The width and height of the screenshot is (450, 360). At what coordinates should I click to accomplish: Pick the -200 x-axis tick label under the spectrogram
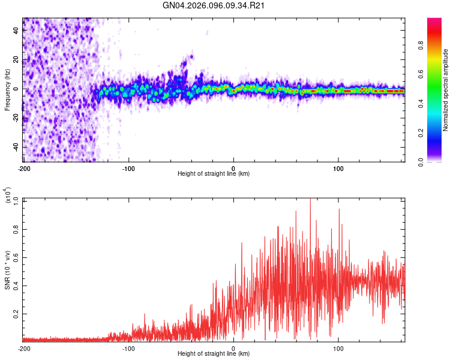(24, 167)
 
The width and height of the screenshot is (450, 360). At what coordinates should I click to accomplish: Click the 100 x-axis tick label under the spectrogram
(338, 167)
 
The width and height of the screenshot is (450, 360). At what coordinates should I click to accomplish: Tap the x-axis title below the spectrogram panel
(214, 174)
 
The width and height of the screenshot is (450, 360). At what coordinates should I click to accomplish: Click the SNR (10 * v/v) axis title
(7, 270)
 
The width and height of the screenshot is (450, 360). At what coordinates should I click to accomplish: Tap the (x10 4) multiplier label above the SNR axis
(8, 196)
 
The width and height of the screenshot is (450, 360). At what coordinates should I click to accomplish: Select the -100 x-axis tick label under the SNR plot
(128, 348)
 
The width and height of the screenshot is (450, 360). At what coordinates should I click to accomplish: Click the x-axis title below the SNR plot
(214, 355)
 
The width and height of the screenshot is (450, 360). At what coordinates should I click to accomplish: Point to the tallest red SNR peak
(310, 200)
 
